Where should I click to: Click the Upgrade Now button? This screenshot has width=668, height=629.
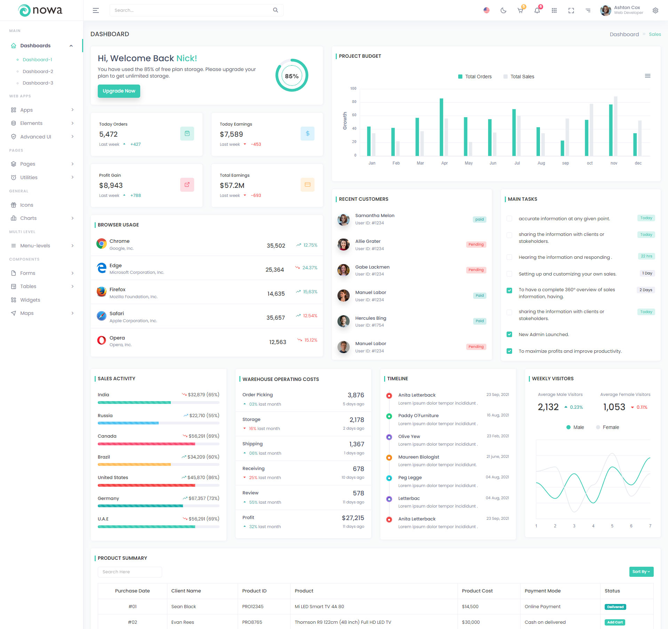click(119, 91)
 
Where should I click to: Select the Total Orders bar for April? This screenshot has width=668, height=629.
click(442, 127)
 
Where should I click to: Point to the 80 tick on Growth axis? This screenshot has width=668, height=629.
click(354, 102)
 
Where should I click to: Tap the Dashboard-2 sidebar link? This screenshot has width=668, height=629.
click(38, 71)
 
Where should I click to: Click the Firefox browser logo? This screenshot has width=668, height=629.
click(102, 292)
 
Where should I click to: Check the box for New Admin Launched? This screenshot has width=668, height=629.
click(509, 335)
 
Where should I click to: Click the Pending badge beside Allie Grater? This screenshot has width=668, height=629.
click(476, 245)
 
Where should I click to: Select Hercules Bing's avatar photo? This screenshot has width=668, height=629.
click(343, 321)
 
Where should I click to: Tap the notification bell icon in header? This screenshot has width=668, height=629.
click(537, 10)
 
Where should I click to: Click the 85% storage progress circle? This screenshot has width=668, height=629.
click(292, 75)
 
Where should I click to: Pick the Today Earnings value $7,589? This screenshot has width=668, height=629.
click(231, 134)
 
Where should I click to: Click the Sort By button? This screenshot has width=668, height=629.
click(641, 572)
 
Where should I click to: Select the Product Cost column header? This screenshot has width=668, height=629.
click(477, 591)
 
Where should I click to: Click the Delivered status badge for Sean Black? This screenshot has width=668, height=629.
click(615, 607)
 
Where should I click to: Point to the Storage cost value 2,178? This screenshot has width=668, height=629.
click(357, 420)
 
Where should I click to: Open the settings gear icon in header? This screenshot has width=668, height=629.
click(655, 10)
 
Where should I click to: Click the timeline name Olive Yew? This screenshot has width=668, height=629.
click(409, 436)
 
